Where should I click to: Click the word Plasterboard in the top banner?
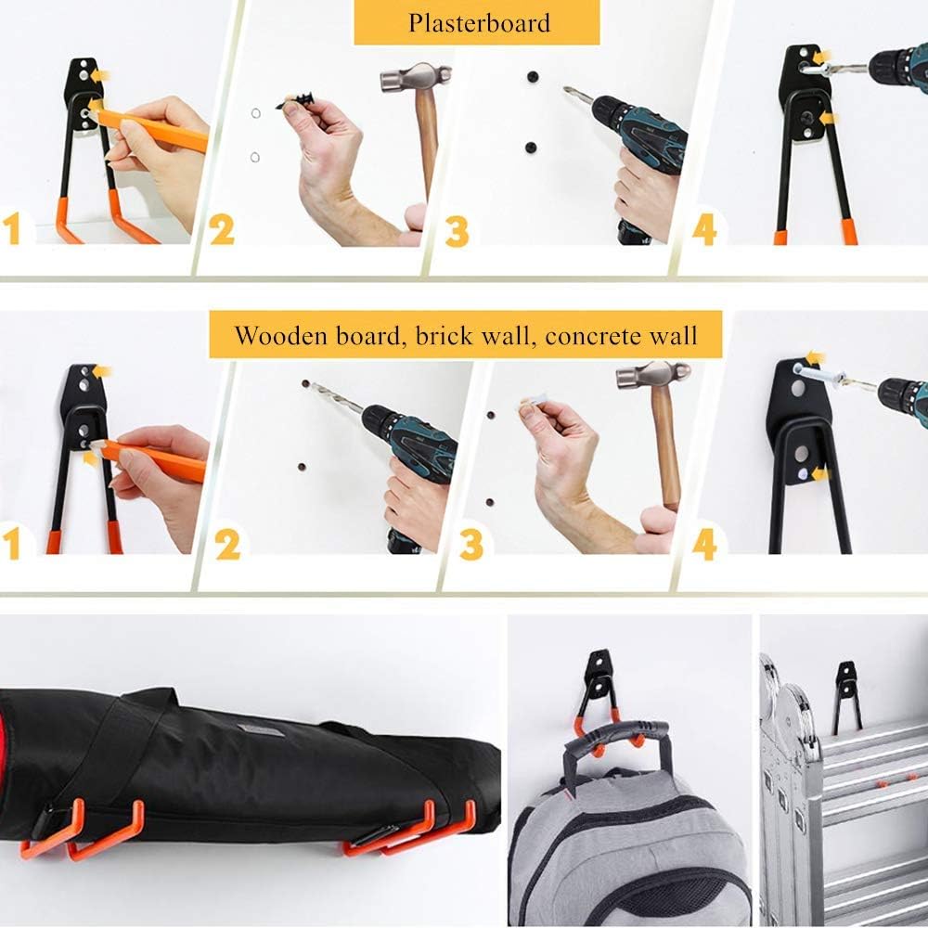(478, 22)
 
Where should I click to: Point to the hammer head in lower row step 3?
(653, 374)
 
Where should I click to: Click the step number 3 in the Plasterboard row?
(457, 230)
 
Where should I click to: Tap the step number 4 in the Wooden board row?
(704, 544)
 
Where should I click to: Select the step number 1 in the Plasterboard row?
(12, 228)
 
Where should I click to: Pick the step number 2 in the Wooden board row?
(227, 545)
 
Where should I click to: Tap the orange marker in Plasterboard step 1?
(153, 131)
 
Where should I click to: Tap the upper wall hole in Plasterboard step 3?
(533, 77)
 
